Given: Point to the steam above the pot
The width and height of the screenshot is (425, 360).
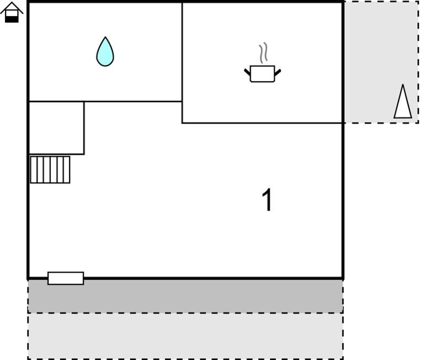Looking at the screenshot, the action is point(263,53).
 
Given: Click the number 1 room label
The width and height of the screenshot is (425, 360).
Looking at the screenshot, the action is point(267,199).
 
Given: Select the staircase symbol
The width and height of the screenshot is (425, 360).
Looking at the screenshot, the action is point(50,170).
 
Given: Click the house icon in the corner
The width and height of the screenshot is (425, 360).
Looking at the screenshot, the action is point(12,12).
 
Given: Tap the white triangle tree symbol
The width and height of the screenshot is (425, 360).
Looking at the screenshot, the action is point(403,102).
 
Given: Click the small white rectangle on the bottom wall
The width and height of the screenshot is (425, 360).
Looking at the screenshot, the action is point(66,278).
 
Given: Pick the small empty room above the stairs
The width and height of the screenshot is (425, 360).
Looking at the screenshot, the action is point(56,128).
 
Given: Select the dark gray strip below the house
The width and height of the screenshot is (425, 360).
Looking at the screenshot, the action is point(185,296).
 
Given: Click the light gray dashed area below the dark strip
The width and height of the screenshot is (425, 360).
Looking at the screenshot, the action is point(185,336).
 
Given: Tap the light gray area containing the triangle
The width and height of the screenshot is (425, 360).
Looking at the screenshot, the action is point(381,62).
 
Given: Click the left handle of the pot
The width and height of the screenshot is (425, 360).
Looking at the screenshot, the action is point(247,72).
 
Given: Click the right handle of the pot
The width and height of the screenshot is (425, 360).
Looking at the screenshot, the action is point(278,72).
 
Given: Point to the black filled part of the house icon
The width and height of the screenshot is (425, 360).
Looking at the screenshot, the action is point(12,19).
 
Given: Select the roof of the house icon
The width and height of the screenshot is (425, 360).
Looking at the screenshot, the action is point(12,7).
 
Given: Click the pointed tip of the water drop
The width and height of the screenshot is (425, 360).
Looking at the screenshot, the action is point(105,37).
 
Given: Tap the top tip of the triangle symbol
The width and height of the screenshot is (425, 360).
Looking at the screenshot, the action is point(403,84).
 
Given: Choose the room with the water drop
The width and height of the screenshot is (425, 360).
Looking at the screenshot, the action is point(105,51).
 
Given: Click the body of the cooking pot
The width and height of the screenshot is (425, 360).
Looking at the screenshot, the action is point(262,74).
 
